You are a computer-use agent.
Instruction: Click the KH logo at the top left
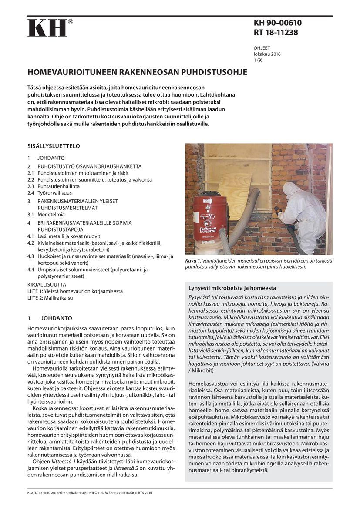[47, 28]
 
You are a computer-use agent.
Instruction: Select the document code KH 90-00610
[277, 23]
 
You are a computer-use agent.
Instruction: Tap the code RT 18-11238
[276, 32]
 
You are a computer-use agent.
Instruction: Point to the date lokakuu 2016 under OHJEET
[267, 54]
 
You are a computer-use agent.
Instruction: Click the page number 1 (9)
[258, 61]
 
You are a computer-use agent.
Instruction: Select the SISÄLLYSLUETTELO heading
[54, 146]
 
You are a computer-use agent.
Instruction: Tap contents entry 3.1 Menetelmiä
[46, 214]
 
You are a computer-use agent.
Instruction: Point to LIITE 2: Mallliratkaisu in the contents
[50, 298]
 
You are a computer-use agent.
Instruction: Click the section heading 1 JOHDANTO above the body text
[50, 318]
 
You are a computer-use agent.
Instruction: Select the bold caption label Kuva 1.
[193, 260]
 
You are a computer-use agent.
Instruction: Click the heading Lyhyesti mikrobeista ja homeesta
[232, 288]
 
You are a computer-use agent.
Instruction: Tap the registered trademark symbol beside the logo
[71, 21]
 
